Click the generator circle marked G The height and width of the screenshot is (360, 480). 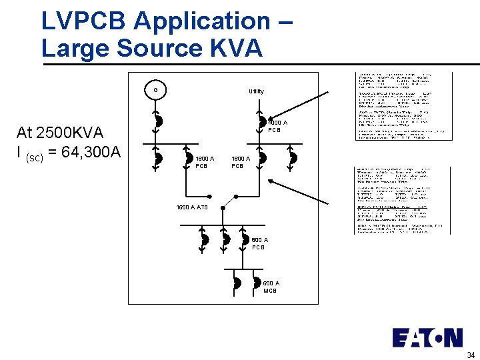pos(155,90)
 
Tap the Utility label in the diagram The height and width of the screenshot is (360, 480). pos(256,91)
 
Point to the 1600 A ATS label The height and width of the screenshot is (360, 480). pos(192,207)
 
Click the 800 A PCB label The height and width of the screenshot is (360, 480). pos(259,243)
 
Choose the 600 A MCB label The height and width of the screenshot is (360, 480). pos(271,287)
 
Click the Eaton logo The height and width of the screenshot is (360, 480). pos(427,337)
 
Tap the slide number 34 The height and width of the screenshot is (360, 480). pos(471,355)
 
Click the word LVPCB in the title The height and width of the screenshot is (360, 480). pos(85,21)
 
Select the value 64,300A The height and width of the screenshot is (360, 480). pos(90,152)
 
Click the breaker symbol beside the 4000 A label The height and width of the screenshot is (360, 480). pos(263,121)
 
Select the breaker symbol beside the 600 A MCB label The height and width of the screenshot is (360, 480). pos(256,283)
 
